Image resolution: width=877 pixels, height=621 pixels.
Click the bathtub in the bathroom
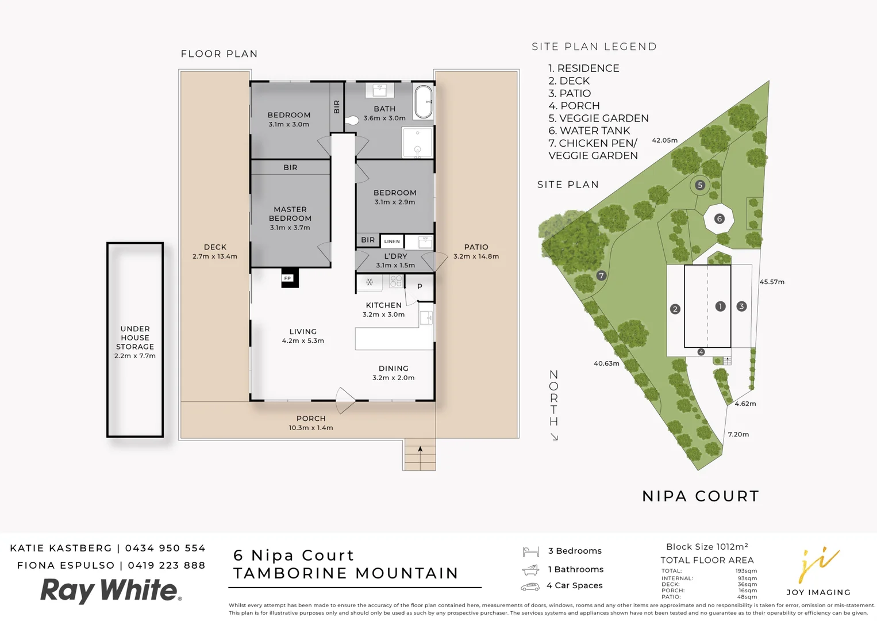[424, 102]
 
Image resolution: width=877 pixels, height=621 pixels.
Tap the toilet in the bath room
[351, 121]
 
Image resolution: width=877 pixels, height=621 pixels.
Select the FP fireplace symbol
[289, 278]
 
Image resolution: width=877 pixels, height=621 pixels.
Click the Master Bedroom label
[290, 218]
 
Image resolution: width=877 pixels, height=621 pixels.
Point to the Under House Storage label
[135, 342]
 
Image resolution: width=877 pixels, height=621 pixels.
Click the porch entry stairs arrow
[420, 450]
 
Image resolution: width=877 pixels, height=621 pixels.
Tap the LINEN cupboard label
[392, 241]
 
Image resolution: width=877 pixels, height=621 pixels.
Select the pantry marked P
[420, 286]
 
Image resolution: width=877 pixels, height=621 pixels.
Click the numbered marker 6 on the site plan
[719, 218]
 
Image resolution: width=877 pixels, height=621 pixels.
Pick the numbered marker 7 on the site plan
[601, 275]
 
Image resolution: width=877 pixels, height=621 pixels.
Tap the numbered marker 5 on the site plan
[699, 185]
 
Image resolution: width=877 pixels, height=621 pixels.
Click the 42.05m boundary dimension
[664, 140]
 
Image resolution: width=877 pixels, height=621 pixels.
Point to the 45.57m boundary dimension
[772, 282]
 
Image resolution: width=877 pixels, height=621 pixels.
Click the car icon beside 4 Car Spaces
[530, 586]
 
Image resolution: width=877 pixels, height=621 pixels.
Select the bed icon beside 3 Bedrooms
[530, 551]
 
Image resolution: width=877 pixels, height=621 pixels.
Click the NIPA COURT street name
[701, 496]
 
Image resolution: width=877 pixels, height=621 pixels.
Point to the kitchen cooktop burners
[396, 281]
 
